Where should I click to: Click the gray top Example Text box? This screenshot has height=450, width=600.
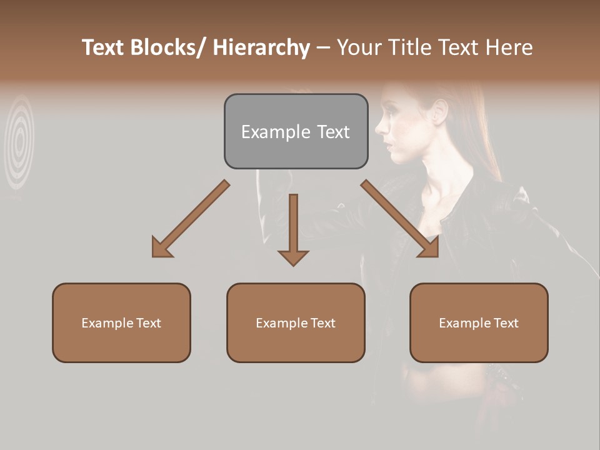(296, 131)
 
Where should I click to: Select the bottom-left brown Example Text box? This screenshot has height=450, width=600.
(121, 322)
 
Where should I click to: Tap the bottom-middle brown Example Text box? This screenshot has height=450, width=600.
(296, 322)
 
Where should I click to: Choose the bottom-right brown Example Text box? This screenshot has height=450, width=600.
(479, 322)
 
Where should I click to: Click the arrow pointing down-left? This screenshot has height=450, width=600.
(191, 219)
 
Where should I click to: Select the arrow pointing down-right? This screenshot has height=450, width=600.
(400, 219)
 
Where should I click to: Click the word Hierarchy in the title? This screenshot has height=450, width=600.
(261, 47)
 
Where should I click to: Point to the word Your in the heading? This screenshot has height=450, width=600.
(359, 47)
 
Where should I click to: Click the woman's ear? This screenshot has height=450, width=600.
(439, 111)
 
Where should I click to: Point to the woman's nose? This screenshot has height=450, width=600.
(379, 128)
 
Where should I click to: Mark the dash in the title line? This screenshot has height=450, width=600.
(323, 48)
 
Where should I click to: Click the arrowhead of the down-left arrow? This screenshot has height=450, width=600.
(161, 249)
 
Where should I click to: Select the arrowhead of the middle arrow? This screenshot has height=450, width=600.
(293, 257)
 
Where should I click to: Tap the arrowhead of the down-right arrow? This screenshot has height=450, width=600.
(430, 249)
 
